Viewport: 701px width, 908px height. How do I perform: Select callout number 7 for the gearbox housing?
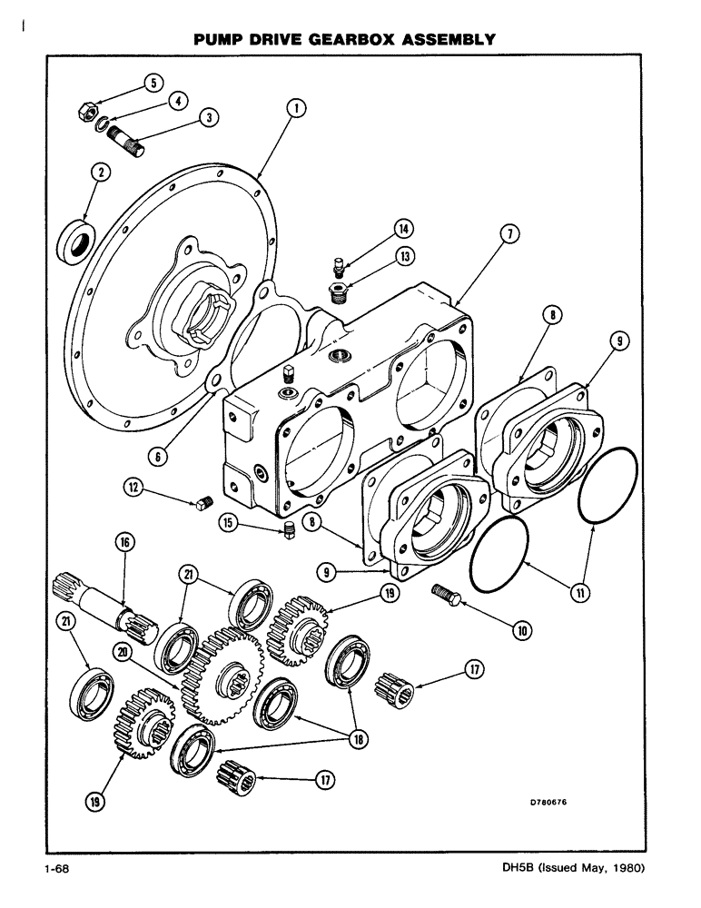[x=510, y=235]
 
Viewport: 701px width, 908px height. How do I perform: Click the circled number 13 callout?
[x=402, y=257]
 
